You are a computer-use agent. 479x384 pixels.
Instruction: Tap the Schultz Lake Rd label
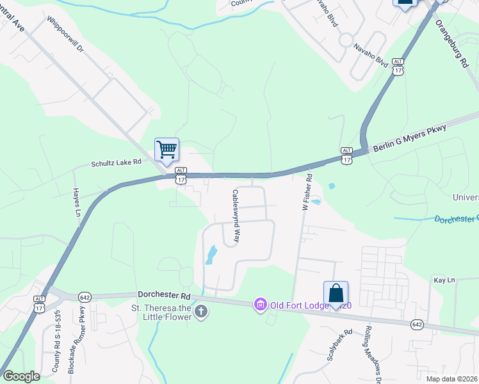point(116,163)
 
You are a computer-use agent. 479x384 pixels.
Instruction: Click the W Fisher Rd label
point(307,193)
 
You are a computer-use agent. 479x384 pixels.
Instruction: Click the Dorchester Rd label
point(164,295)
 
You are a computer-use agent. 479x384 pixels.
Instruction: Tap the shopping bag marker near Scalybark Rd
point(336,294)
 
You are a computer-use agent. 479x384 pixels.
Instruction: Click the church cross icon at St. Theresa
point(201,313)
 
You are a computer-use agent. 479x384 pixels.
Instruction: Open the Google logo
point(22,376)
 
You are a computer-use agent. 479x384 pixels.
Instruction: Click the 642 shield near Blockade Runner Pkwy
point(85,298)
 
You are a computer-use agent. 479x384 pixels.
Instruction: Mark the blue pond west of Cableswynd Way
point(210,256)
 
